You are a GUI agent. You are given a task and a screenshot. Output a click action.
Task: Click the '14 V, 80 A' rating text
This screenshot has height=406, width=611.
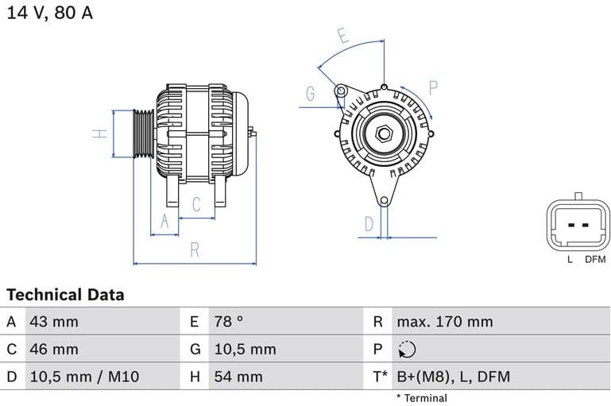(x=49, y=14)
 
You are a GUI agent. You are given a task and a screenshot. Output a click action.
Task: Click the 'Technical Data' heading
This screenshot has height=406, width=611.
(x=65, y=295)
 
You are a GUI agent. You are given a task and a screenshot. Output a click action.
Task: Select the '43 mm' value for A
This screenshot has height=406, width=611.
(x=54, y=322)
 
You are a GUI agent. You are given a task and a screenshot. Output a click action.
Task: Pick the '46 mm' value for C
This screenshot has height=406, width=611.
(x=54, y=349)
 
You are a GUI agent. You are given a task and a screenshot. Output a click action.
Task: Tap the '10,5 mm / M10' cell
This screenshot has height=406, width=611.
(x=83, y=377)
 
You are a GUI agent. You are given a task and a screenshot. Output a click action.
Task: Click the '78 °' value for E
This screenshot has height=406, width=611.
(x=229, y=322)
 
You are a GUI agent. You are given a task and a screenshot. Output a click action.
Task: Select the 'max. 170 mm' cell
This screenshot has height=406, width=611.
(x=445, y=322)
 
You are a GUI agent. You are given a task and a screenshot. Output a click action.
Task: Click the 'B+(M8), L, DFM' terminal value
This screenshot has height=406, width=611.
(x=453, y=377)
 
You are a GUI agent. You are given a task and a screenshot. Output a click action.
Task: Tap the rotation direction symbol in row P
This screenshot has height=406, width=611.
(x=407, y=350)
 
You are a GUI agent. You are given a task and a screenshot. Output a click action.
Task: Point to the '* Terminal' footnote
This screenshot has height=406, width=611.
(x=422, y=398)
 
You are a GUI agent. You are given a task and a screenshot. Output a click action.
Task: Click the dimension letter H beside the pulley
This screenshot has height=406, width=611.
(x=99, y=133)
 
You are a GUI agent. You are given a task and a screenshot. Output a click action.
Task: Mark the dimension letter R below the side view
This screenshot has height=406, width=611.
(x=195, y=250)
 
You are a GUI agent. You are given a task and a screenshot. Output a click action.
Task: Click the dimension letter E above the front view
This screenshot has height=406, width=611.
(x=342, y=36)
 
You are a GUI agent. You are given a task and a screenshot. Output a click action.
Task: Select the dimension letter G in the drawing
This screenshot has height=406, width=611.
(x=311, y=94)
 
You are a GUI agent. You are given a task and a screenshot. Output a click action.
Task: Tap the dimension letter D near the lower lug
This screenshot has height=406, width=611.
(x=369, y=224)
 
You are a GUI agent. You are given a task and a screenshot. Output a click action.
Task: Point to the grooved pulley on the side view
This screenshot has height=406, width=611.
(x=142, y=133)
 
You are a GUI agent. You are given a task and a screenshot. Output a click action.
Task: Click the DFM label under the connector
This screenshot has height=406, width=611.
(x=595, y=260)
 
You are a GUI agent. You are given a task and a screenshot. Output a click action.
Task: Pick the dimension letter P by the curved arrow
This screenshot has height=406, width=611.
(x=434, y=87)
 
